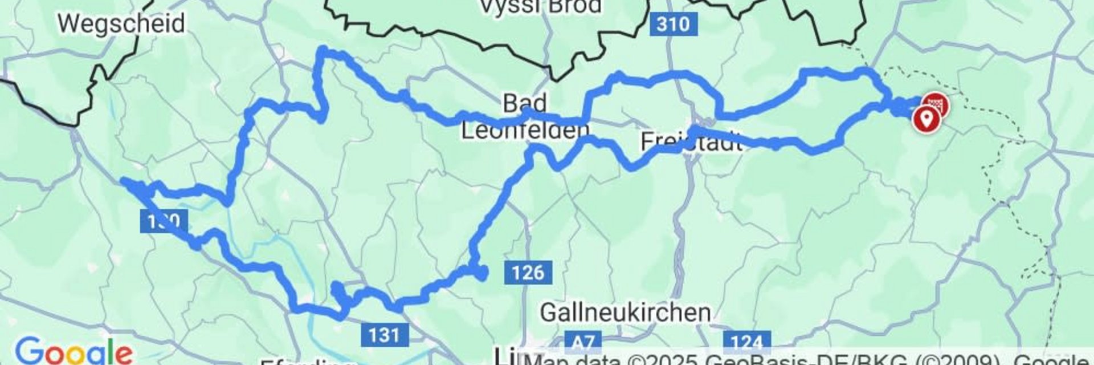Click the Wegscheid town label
coord(121,24)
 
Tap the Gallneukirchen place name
coord(625,313)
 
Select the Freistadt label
coord(692,141)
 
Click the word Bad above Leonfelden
coord(525,104)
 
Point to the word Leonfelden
coord(524,131)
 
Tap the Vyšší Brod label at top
coord(541,7)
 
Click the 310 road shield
coord(673,25)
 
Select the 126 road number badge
coord(528,273)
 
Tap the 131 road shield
coord(384,334)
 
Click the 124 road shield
coord(746,342)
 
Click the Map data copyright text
coord(798,360)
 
